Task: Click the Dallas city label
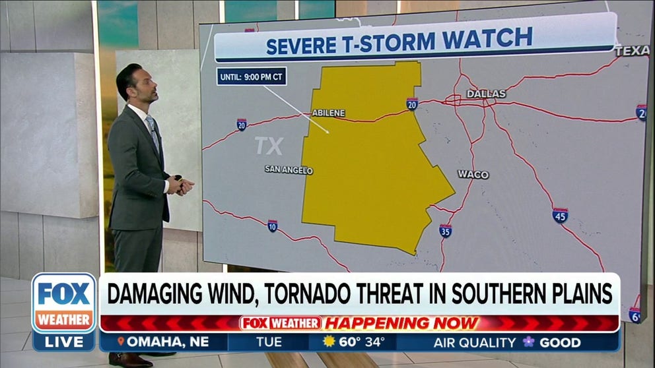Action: coord(486,94)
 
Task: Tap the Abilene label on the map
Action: coord(328,113)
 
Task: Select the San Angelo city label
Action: coord(289,169)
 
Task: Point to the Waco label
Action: coord(473,175)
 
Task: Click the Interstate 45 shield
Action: coord(560,215)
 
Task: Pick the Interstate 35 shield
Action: coord(446,230)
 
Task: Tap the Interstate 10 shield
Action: coord(273,226)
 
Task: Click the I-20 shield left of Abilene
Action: coord(242,124)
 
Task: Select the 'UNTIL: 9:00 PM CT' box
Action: coord(252,77)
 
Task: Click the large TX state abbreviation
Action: coord(269,146)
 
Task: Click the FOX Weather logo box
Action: coord(64,303)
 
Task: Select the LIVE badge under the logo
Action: coord(64,342)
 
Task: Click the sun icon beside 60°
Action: coord(329,342)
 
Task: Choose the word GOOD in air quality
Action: coord(559,342)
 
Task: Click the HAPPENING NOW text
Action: coord(403,323)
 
